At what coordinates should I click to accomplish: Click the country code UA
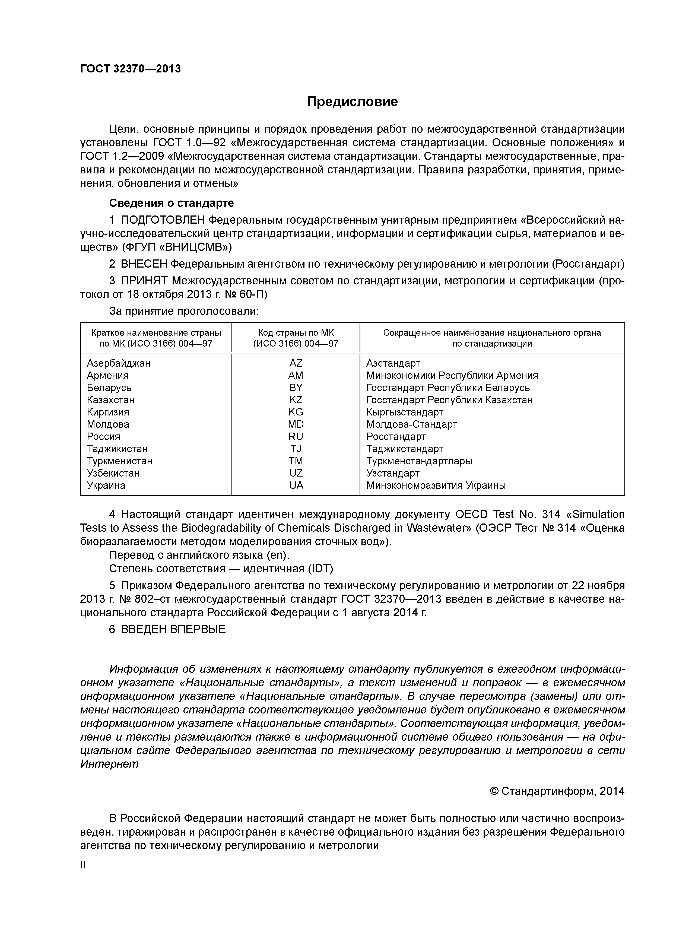click(296, 485)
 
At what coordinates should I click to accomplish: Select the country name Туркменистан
click(119, 461)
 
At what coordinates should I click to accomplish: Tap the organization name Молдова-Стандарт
click(411, 425)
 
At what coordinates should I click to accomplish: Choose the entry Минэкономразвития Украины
click(436, 485)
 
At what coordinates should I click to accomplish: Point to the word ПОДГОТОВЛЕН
click(163, 220)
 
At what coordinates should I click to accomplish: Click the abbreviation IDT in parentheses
click(320, 569)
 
